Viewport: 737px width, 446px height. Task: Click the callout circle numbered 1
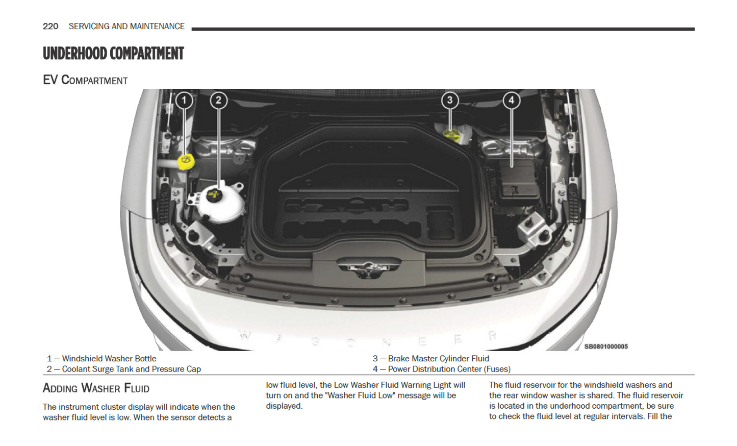tap(184, 100)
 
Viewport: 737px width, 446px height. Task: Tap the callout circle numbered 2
tap(218, 100)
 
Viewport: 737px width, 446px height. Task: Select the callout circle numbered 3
tap(449, 100)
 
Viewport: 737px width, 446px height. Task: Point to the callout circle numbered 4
tap(511, 100)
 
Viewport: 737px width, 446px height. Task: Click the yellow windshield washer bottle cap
tap(186, 161)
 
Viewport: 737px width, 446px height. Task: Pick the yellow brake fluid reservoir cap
tap(451, 135)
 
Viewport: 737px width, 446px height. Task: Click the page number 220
tap(50, 27)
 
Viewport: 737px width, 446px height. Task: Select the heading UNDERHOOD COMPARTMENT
tap(113, 54)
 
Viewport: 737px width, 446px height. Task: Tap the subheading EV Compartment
tap(85, 80)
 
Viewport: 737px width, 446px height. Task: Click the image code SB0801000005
tap(605, 346)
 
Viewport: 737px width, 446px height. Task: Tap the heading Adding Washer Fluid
tap(96, 388)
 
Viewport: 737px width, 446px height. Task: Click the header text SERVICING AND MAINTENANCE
tap(126, 27)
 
